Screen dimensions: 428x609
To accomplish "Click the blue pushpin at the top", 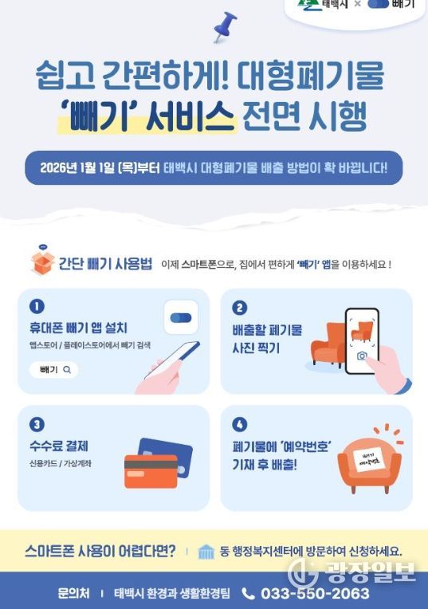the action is [x=226, y=26].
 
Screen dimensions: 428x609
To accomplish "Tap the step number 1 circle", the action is [x=37, y=306].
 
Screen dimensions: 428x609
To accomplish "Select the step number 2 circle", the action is [x=239, y=308].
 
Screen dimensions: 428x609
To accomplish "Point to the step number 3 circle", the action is [x=37, y=424].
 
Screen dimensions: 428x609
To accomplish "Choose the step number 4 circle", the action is [x=239, y=424].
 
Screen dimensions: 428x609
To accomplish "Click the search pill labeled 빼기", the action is [x=54, y=370].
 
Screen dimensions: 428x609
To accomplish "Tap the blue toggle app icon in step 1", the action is [x=181, y=317].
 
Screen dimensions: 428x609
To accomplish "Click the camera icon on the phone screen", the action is [x=362, y=356].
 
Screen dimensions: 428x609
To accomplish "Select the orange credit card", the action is [x=151, y=472].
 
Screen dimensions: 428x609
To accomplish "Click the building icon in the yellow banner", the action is [x=206, y=552].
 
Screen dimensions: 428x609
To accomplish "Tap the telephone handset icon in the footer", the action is [x=248, y=594].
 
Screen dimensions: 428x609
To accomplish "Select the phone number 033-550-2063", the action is [x=315, y=594].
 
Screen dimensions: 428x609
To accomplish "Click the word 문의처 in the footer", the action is [x=73, y=593].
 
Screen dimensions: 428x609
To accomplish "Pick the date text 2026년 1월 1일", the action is [x=77, y=167].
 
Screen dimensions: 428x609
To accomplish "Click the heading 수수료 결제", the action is [x=59, y=446].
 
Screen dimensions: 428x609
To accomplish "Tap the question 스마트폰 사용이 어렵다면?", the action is [x=100, y=551].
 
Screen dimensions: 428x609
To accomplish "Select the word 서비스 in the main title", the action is [x=190, y=116].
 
